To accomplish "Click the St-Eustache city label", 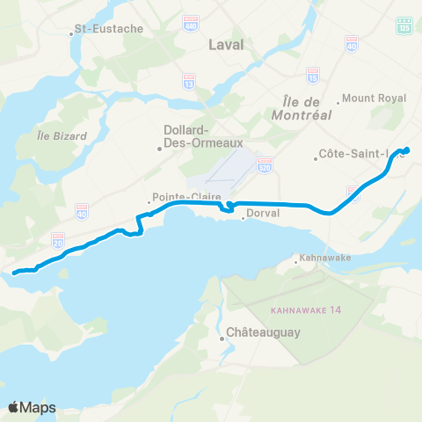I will click(x=108, y=29).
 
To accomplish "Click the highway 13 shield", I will click(x=189, y=81).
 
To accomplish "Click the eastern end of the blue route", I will click(x=407, y=149).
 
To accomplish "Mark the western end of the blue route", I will click(x=15, y=273).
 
